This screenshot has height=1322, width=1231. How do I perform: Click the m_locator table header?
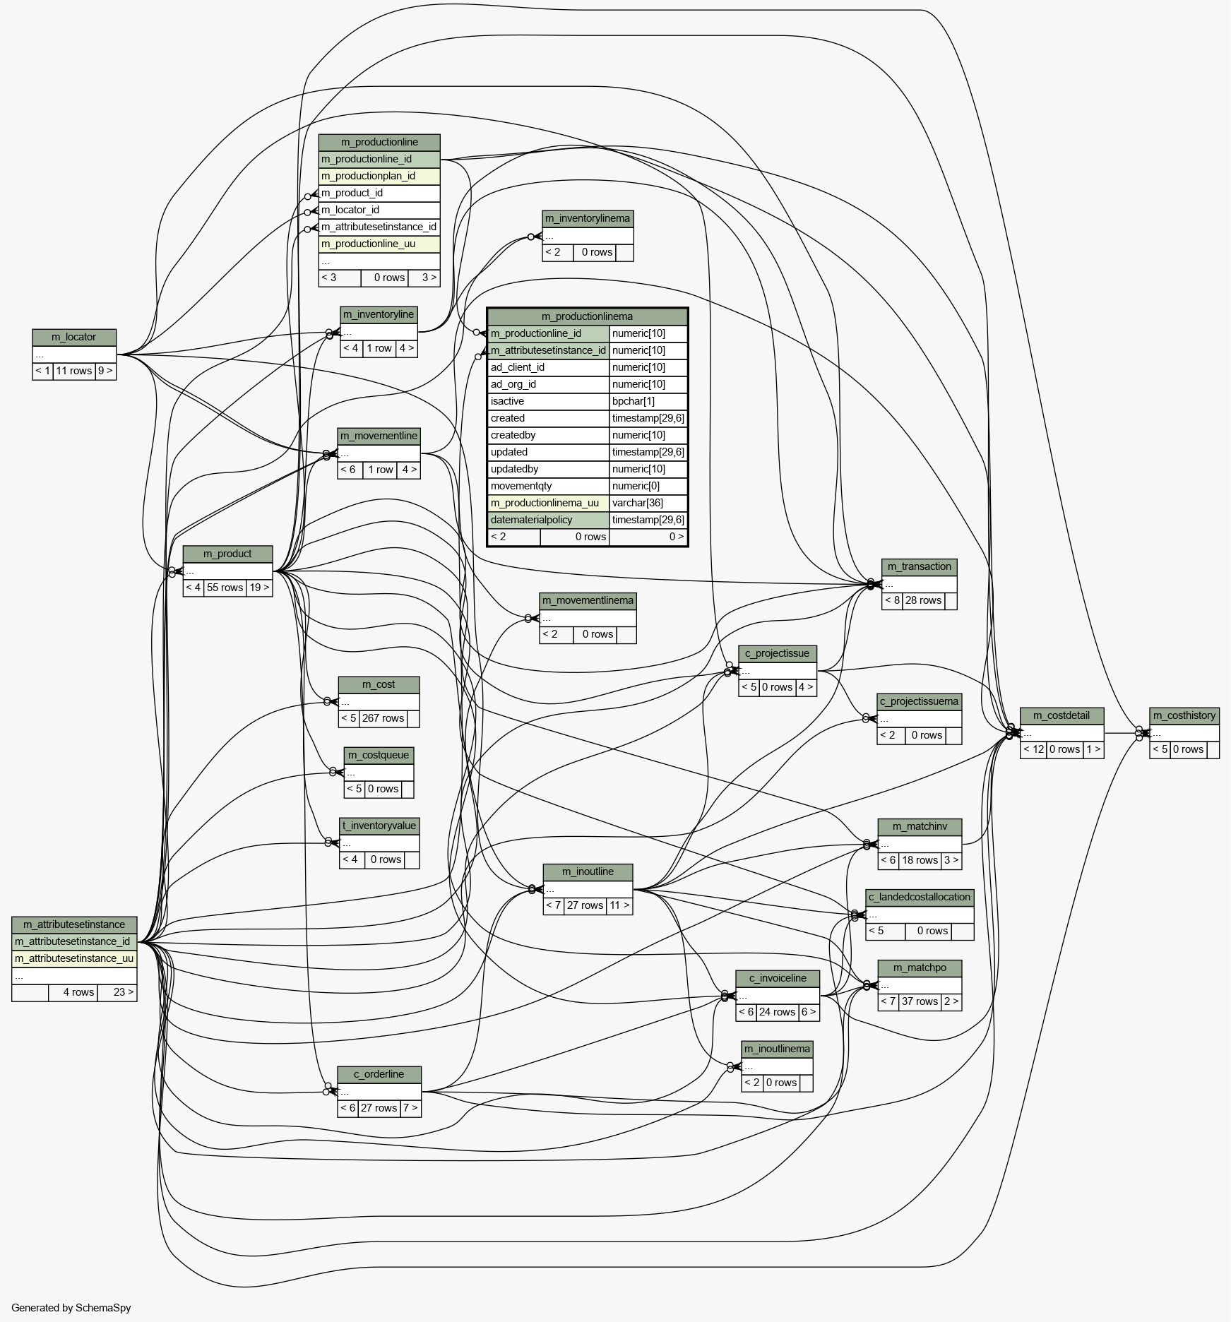(74, 337)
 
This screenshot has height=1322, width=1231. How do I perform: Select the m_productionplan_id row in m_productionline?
(379, 176)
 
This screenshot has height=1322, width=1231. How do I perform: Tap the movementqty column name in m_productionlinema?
(548, 486)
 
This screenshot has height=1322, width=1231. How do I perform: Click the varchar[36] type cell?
(648, 503)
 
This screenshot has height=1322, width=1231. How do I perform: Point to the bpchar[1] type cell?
(648, 401)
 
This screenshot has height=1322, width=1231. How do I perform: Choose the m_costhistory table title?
(1184, 715)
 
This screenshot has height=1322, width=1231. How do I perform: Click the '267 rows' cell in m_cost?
(383, 718)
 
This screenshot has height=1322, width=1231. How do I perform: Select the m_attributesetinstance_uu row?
(74, 958)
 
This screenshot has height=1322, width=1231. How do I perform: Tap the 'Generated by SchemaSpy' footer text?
(71, 1308)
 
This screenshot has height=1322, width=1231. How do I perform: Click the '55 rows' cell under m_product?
(225, 588)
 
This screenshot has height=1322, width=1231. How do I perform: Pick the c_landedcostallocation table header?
(919, 897)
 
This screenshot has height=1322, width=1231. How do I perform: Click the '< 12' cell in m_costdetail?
(1033, 749)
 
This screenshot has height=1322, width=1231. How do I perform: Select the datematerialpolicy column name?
(548, 520)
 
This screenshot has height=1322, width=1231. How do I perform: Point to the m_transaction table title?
(919, 566)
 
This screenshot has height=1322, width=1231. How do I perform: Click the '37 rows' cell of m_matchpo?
(920, 1001)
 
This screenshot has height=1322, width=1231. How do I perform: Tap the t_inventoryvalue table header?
(379, 826)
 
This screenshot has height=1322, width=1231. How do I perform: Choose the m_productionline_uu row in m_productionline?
(379, 244)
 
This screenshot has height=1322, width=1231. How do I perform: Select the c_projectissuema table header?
(919, 701)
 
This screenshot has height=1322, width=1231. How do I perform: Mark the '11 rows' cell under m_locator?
(74, 371)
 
